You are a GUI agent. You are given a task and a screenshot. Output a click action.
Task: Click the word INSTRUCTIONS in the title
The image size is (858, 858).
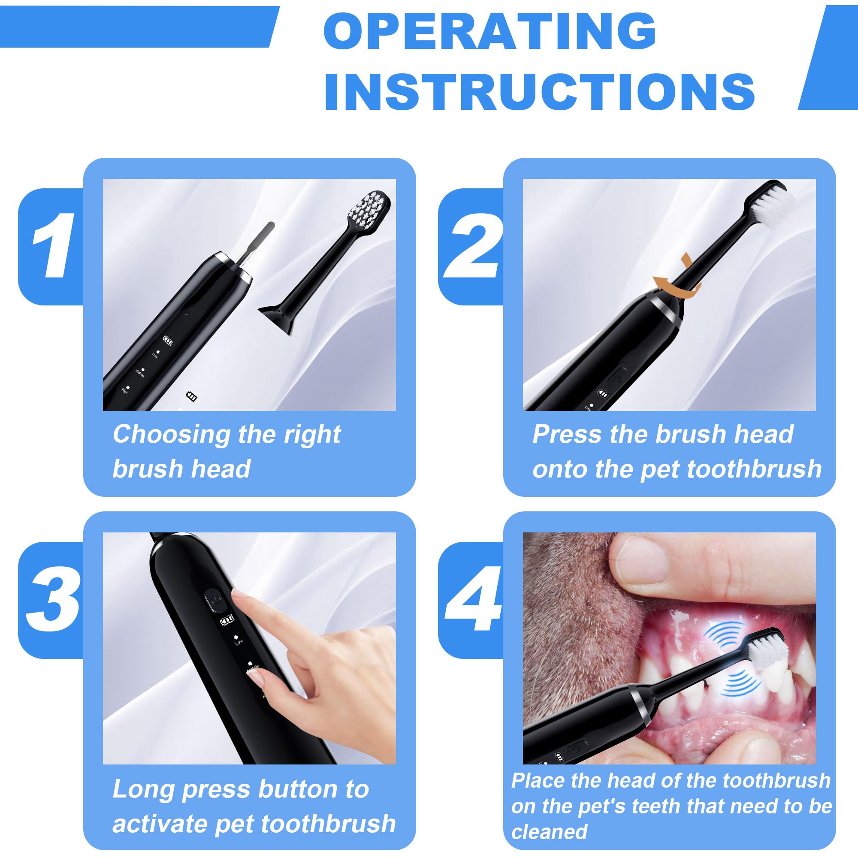540,91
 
